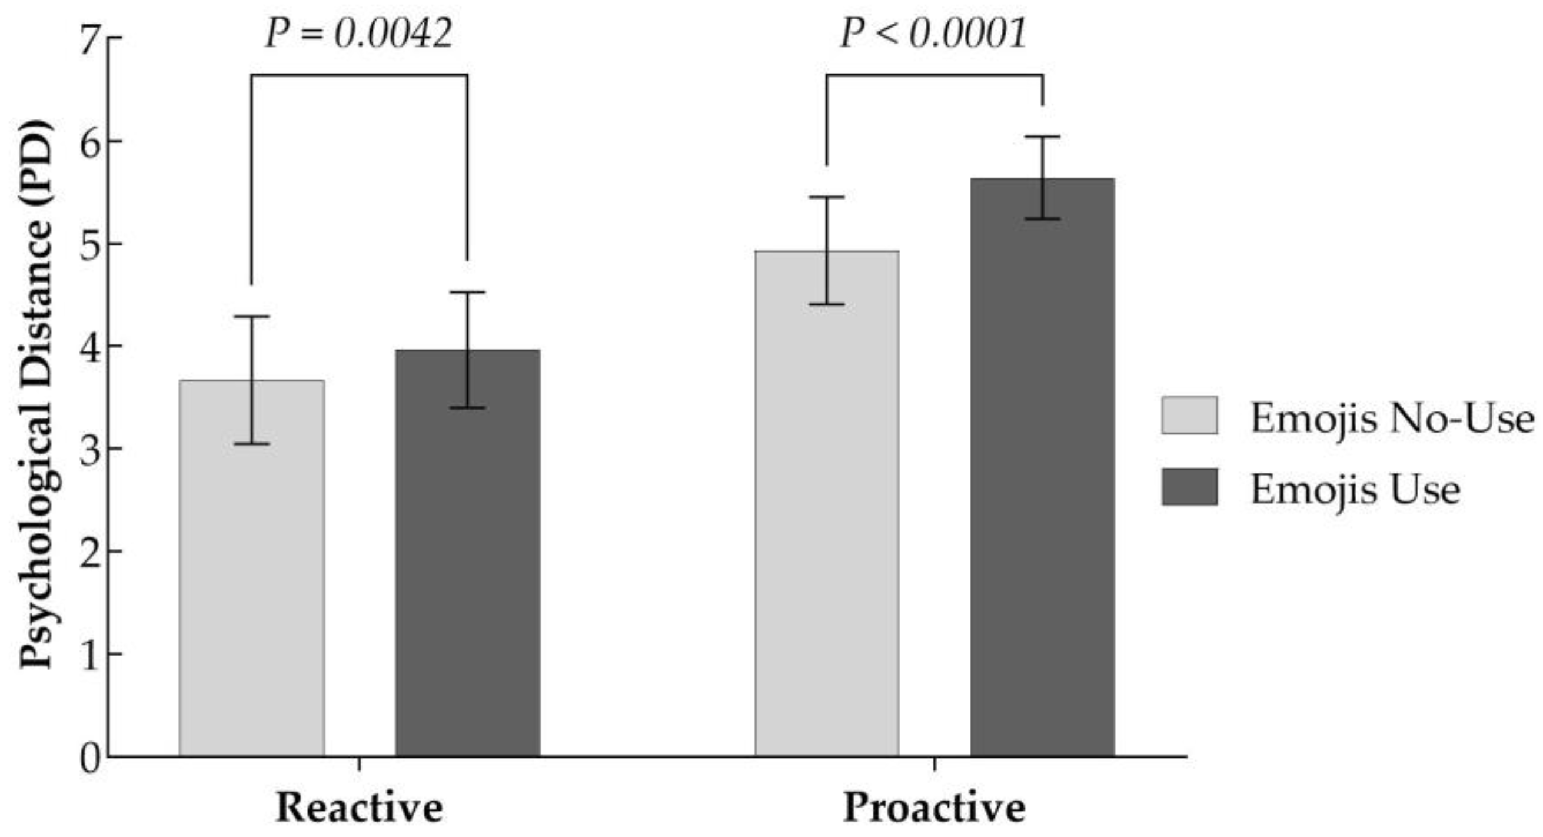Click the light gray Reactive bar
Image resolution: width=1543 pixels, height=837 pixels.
[252, 569]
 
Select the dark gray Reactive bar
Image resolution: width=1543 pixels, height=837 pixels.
[467, 569]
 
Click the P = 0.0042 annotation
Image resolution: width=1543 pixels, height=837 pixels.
[358, 34]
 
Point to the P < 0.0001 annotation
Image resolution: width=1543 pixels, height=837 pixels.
[933, 34]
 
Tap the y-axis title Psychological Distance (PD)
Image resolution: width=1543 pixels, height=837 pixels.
[36, 396]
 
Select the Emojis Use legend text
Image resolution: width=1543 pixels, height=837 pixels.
[1355, 490]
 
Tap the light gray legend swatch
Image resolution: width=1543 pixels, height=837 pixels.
[1189, 415]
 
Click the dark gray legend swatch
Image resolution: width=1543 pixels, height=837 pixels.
[1189, 487]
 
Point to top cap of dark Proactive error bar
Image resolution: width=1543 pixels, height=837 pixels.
[1042, 137]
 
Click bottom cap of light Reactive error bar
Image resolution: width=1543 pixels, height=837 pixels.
[252, 444]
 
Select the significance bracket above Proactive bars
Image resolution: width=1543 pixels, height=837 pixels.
[935, 75]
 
